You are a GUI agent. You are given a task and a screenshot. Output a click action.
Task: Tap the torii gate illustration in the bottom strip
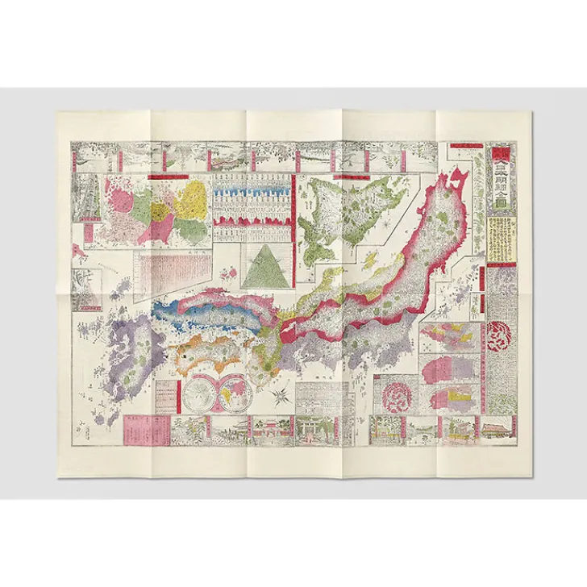[x=310, y=431]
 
